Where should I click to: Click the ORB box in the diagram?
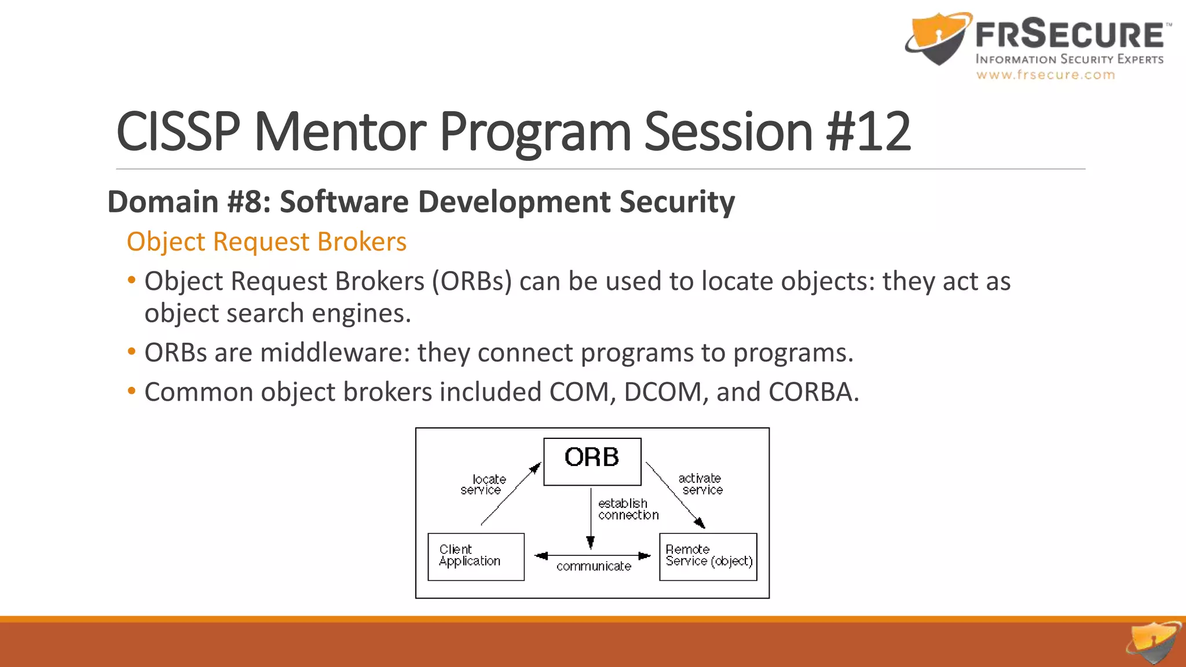coord(592,461)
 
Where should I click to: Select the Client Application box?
coord(475,556)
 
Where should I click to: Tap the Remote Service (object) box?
coord(708,556)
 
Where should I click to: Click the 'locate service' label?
coord(483,485)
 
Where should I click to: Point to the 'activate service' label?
coord(700,484)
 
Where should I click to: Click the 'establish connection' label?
coord(627,509)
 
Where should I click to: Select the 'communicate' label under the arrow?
coord(594,566)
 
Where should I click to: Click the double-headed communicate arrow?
coord(592,556)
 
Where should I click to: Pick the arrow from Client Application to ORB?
coord(510,495)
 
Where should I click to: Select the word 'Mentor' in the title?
coord(340,132)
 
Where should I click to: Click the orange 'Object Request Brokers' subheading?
coord(266,241)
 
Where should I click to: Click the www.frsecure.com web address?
coord(1045,75)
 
